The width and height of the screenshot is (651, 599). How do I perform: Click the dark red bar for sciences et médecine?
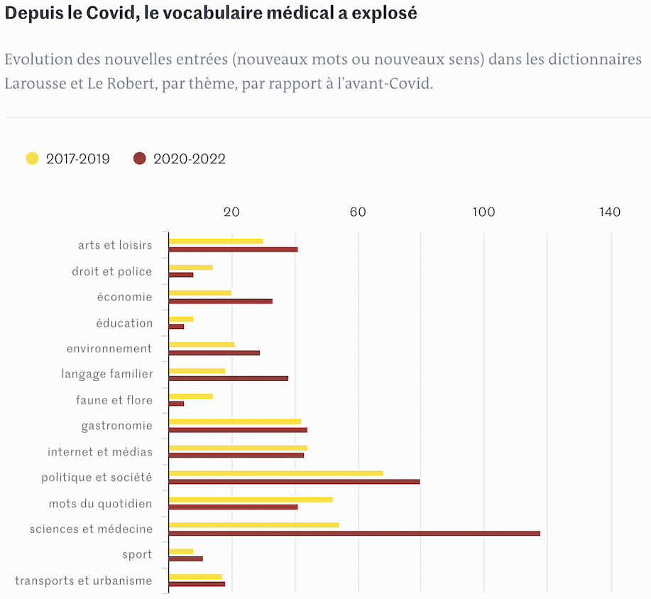[x=354, y=533]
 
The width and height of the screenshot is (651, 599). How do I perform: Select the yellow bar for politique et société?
[x=276, y=473]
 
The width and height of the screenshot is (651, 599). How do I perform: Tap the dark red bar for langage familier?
[x=229, y=379]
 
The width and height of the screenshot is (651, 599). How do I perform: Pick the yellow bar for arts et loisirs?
[x=216, y=241]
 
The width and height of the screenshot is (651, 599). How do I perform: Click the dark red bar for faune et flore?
[x=177, y=404]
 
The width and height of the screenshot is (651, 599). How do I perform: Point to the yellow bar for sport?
[x=181, y=551]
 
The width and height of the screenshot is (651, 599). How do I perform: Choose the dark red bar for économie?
[x=221, y=301]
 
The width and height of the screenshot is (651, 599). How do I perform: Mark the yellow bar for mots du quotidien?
[x=251, y=499]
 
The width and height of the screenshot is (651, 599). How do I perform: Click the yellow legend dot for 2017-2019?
[x=32, y=158]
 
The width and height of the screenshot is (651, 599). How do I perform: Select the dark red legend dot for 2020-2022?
[x=140, y=158]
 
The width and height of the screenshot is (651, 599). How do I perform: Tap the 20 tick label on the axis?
[x=231, y=212]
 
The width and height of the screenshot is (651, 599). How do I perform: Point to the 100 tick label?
[x=483, y=212]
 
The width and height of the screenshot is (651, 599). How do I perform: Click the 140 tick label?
[x=610, y=212]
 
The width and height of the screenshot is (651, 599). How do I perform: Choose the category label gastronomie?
[x=116, y=426]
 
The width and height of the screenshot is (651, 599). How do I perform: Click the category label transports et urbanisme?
[x=83, y=581]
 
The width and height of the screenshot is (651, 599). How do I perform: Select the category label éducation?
[x=124, y=323]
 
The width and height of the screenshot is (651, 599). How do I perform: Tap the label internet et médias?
[x=100, y=452]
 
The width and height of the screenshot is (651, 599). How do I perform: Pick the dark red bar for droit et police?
[x=181, y=275]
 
